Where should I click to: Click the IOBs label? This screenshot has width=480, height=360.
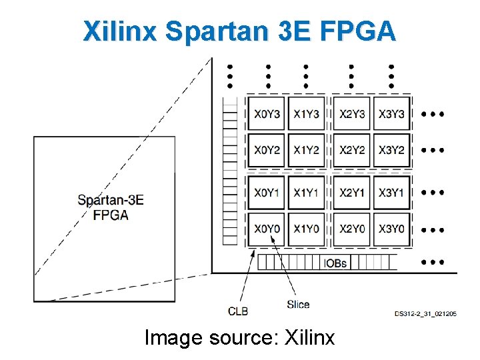(x=335, y=263)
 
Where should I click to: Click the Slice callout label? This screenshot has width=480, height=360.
(x=298, y=305)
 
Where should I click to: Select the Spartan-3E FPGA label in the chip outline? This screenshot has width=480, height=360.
(x=111, y=207)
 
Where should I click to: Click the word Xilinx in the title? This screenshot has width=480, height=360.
(x=120, y=31)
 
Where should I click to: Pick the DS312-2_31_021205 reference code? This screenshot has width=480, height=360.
(x=425, y=313)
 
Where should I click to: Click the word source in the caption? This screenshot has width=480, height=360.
(x=243, y=338)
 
